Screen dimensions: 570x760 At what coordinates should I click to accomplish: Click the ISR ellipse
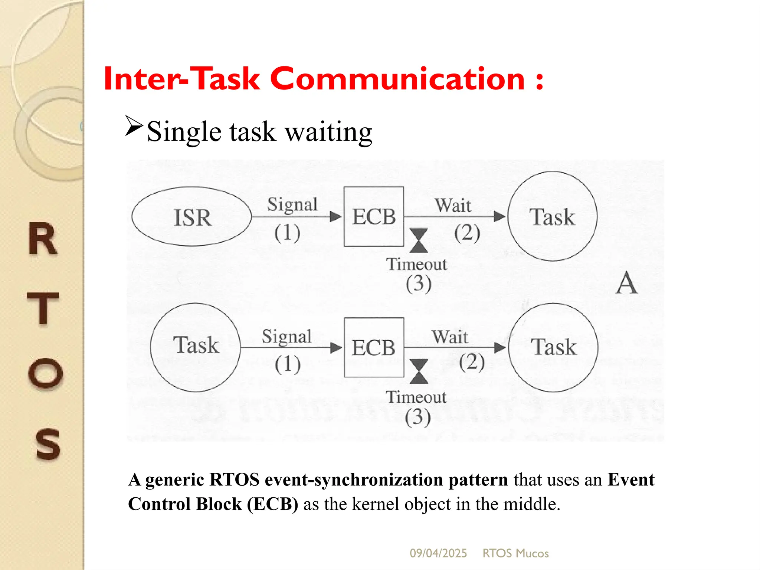click(x=191, y=216)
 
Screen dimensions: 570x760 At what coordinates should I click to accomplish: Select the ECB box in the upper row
click(x=374, y=216)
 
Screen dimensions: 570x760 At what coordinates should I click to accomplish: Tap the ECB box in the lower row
click(x=374, y=347)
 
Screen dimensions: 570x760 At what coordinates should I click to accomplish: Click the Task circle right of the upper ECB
click(x=552, y=216)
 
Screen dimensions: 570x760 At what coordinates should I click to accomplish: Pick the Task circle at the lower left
click(x=196, y=347)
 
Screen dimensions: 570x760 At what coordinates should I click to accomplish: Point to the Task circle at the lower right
click(x=553, y=347)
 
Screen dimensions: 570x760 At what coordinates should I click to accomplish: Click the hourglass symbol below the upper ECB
click(x=419, y=240)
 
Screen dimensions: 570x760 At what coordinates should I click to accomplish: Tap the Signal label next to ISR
click(x=292, y=205)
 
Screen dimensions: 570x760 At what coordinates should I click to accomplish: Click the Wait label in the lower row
click(x=450, y=337)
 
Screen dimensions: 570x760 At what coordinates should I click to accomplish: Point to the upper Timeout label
click(x=417, y=264)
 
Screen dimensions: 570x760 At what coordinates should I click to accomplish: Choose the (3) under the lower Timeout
click(x=418, y=417)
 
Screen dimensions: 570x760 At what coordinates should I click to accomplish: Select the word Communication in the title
click(x=397, y=79)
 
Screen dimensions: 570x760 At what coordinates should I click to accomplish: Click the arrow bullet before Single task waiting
click(x=134, y=126)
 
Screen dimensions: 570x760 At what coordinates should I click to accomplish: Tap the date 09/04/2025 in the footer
click(x=438, y=553)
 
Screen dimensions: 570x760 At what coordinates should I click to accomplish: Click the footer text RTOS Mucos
click(x=515, y=553)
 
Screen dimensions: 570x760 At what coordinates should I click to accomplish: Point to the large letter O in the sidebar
click(x=45, y=373)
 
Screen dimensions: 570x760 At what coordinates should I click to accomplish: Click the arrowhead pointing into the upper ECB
click(x=336, y=217)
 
